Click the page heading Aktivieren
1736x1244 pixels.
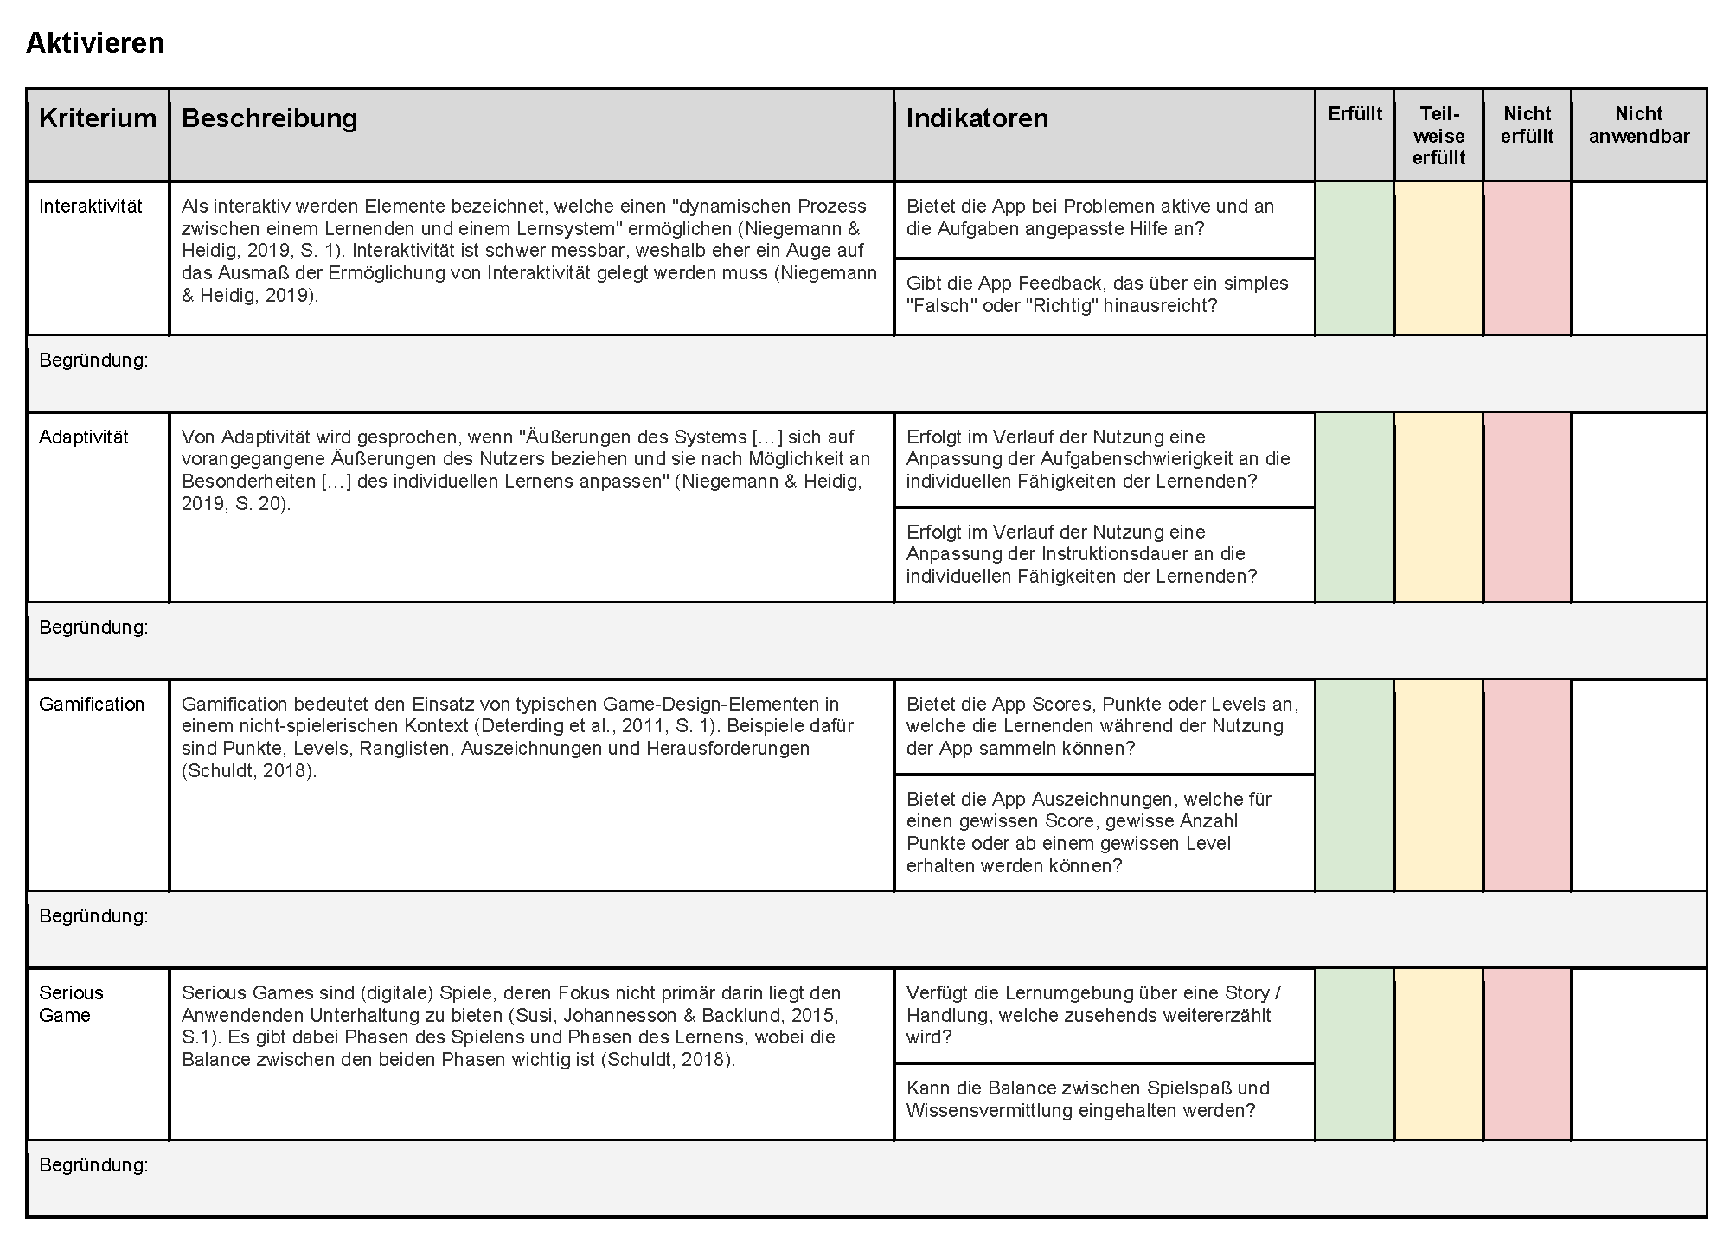tap(95, 43)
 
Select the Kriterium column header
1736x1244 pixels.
tap(98, 118)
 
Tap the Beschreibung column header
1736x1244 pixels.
tap(269, 118)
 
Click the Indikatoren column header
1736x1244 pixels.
tap(977, 118)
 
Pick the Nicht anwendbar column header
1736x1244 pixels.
tap(1638, 125)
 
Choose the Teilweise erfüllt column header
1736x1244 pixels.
tap(1438, 136)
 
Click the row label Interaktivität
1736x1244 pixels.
tap(91, 207)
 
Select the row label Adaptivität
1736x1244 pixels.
tap(84, 437)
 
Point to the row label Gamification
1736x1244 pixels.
tap(92, 705)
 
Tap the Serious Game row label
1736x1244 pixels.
tap(71, 1004)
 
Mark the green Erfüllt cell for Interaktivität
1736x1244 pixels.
tap(1355, 258)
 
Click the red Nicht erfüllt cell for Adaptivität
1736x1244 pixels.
tap(1527, 507)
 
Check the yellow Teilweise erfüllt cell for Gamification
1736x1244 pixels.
tap(1438, 785)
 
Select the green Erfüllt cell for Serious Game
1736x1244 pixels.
tap(1355, 1054)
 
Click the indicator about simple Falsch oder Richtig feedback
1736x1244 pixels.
tap(1097, 295)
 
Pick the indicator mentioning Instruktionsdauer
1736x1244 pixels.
tap(1081, 554)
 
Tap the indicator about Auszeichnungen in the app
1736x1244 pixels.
tap(1089, 832)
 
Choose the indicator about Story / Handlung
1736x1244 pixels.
tap(1093, 1015)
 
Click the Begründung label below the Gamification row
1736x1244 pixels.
tap(93, 916)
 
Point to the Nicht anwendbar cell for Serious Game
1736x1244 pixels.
tap(1638, 1054)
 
